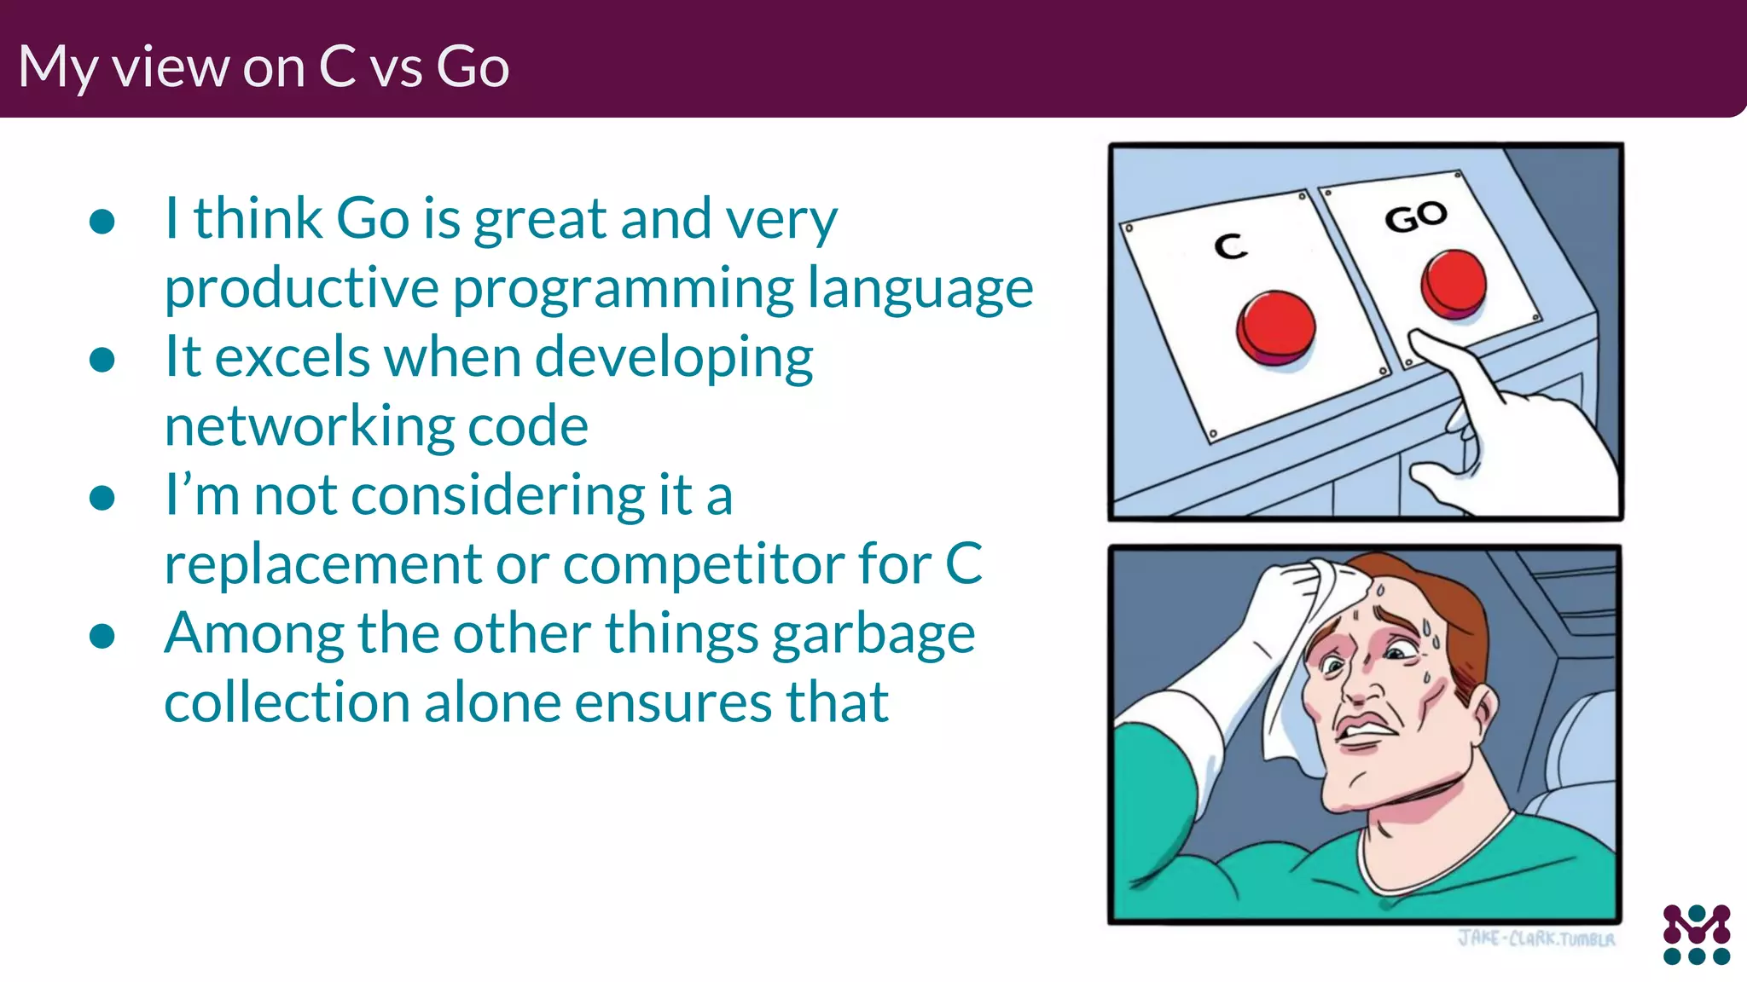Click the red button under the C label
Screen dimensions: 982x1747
pyautogui.click(x=1275, y=327)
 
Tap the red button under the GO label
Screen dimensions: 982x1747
pyautogui.click(x=1454, y=283)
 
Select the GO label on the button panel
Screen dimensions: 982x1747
pyautogui.click(x=1416, y=217)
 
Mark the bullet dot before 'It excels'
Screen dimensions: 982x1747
pyautogui.click(x=102, y=360)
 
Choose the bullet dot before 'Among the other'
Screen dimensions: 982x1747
pyautogui.click(x=102, y=636)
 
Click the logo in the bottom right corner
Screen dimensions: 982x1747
pyautogui.click(x=1696, y=934)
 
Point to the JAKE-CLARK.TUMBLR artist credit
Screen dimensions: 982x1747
pyautogui.click(x=1535, y=939)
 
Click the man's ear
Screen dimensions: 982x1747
pyautogui.click(x=1482, y=708)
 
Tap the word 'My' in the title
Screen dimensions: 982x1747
pyautogui.click(x=58, y=68)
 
